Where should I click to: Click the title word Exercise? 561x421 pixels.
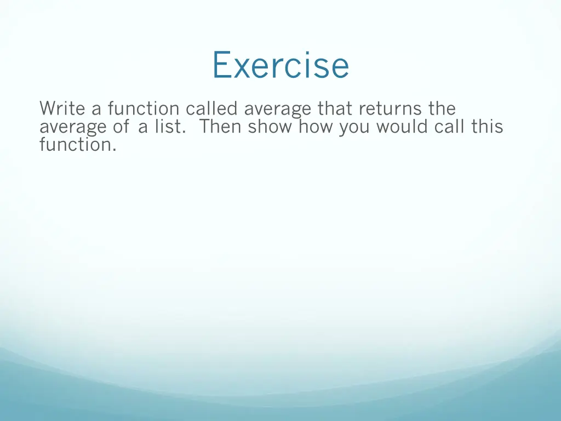click(280, 65)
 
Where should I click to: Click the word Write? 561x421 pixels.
click(62, 109)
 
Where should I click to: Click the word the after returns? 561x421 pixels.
click(442, 109)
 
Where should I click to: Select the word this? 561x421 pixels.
click(486, 127)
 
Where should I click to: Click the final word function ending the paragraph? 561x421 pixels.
click(77, 145)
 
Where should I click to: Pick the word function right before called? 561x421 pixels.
click(144, 109)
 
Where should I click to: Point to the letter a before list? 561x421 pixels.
click(143, 128)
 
